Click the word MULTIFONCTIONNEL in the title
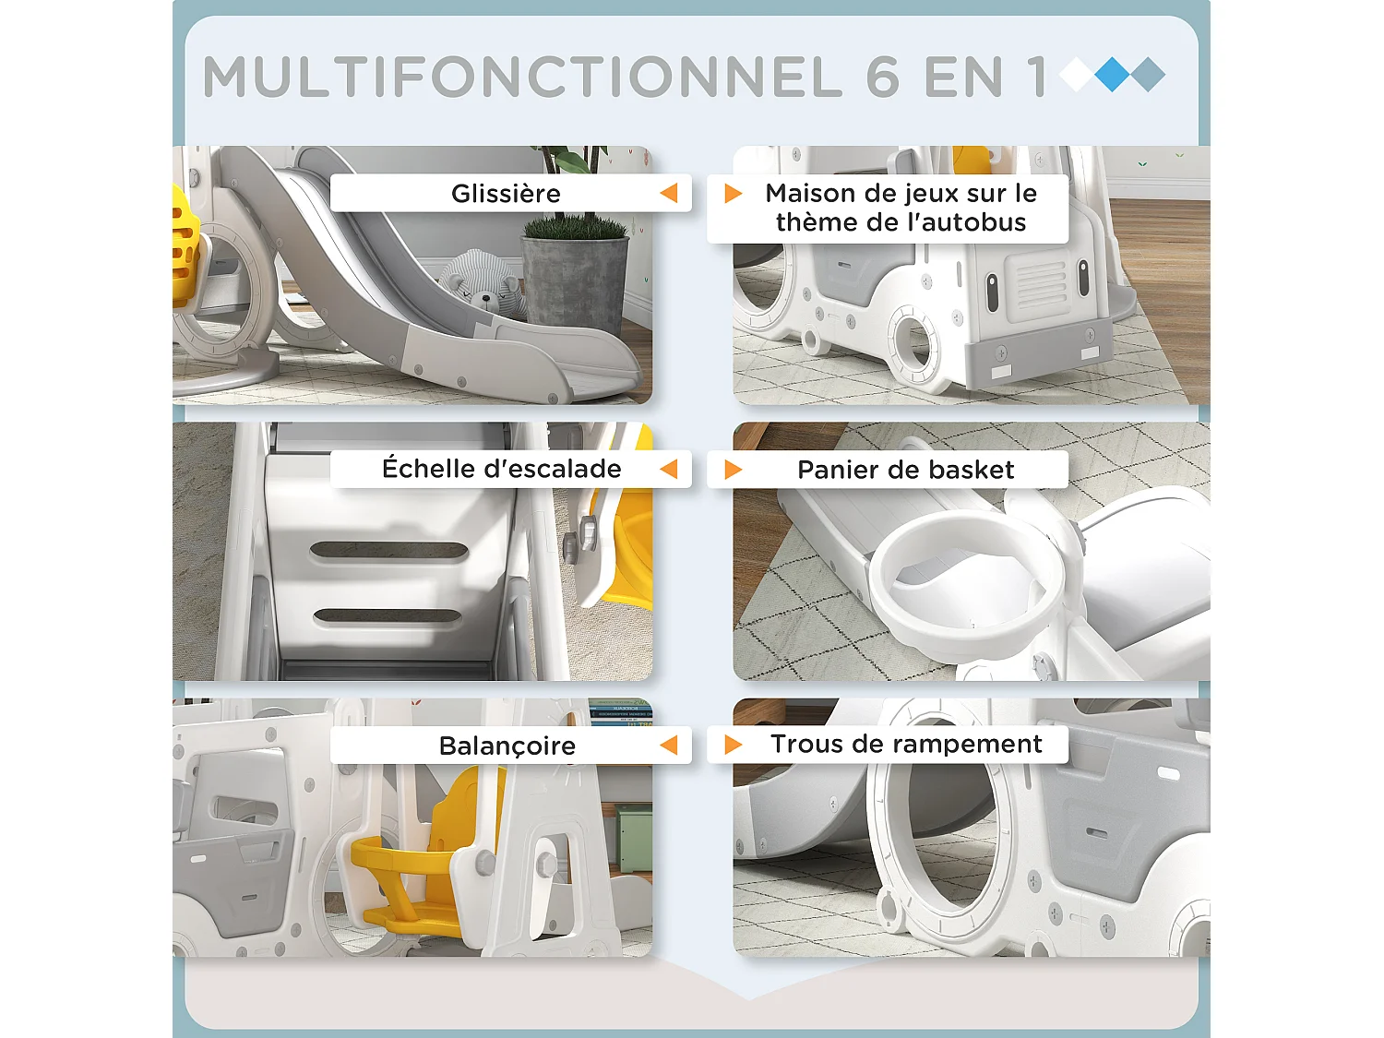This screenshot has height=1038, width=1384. click(521, 77)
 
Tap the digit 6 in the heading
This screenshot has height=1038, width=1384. click(883, 77)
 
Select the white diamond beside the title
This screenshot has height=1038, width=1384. click(1077, 74)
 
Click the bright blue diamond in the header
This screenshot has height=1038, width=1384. click(1113, 74)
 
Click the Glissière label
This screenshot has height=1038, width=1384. click(506, 194)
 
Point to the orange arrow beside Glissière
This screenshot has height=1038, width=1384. click(669, 193)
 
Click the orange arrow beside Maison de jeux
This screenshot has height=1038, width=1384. click(734, 193)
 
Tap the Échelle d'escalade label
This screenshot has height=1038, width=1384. click(501, 469)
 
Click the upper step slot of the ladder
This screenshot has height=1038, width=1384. click(388, 551)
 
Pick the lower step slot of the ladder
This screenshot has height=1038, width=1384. click(388, 615)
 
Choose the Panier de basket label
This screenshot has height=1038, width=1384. click(905, 470)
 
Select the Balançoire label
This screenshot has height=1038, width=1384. click(507, 746)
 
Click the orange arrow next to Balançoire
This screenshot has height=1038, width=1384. click(669, 745)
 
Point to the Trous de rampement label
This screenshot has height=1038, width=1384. click(906, 744)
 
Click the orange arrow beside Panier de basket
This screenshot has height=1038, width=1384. click(734, 470)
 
